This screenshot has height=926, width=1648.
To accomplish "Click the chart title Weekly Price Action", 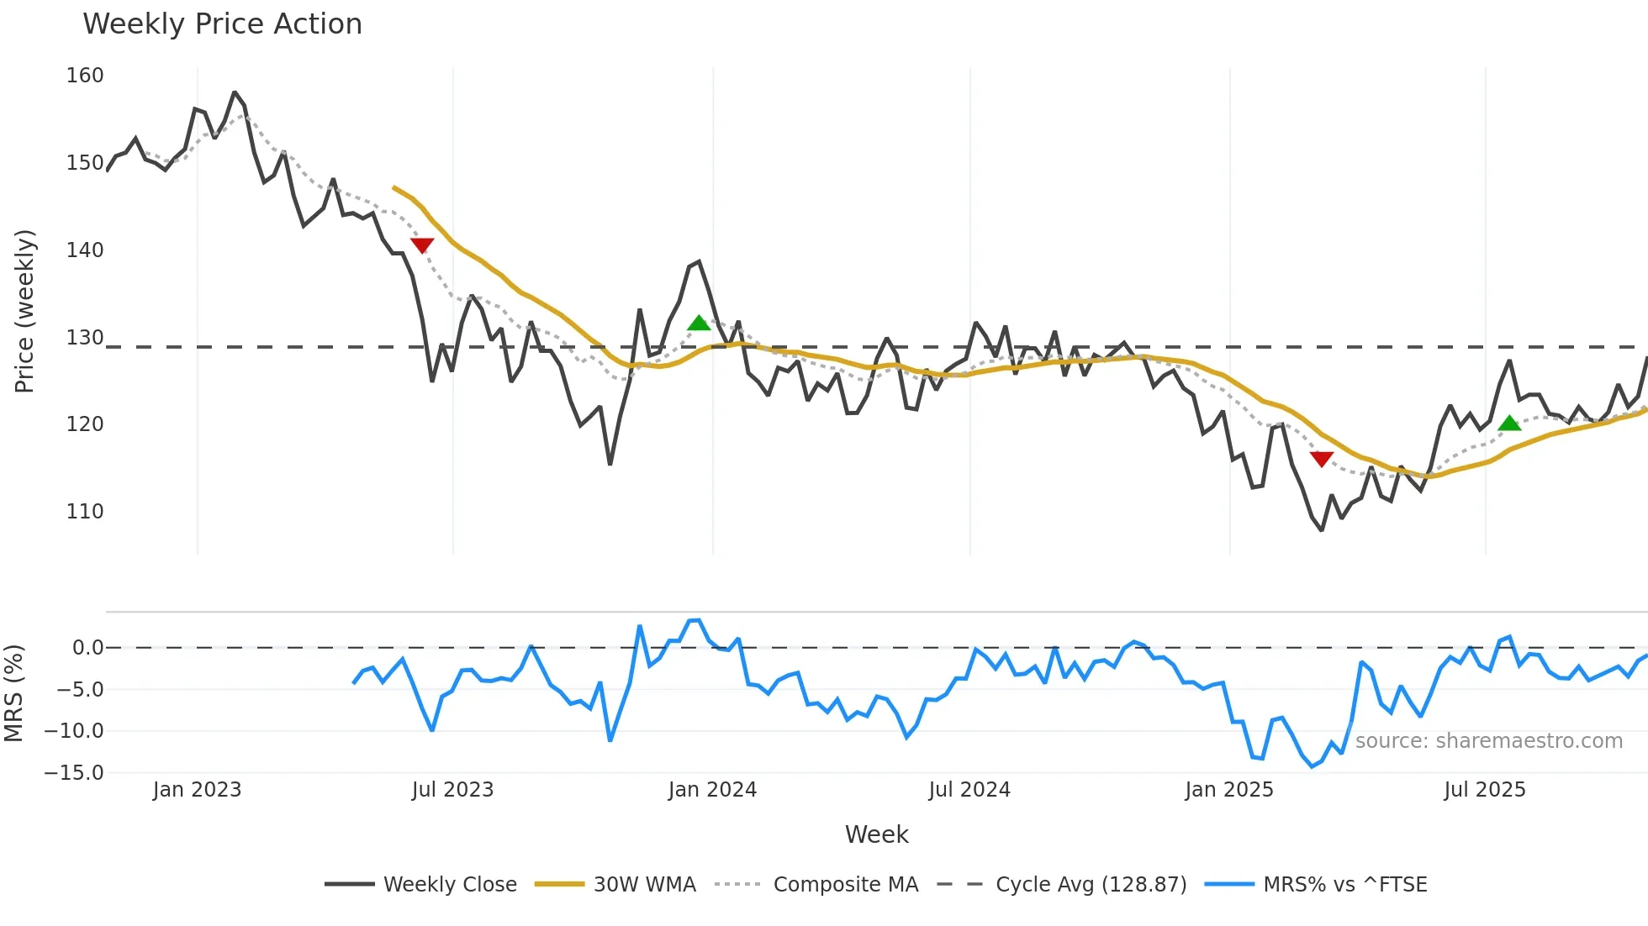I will click(x=222, y=24).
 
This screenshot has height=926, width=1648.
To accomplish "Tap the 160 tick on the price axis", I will click(x=85, y=76).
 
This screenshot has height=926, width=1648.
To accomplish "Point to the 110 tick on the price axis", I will click(x=85, y=511).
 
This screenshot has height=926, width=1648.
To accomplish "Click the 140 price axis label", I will click(x=85, y=250).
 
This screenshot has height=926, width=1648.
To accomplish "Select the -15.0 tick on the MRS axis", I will click(x=74, y=772).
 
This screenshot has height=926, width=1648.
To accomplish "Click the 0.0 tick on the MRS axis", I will click(x=87, y=648).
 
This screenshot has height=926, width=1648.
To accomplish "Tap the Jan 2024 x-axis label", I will click(x=712, y=790).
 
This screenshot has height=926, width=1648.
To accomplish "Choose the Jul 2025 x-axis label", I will click(x=1484, y=790).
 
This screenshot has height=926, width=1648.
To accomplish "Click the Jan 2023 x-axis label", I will click(x=197, y=790).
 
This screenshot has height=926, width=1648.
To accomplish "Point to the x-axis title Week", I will click(x=876, y=834).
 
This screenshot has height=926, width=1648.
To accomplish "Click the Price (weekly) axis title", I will click(x=25, y=311).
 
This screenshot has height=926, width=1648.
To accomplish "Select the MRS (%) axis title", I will click(x=14, y=693).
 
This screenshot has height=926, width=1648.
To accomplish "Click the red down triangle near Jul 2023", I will click(x=422, y=245).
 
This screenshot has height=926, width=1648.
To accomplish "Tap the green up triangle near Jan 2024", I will click(x=699, y=323).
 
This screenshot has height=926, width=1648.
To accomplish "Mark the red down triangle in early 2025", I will click(x=1322, y=459).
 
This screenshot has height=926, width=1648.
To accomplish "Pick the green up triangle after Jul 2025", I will click(x=1509, y=423).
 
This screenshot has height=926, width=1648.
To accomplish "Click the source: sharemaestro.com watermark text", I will click(x=1488, y=740).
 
